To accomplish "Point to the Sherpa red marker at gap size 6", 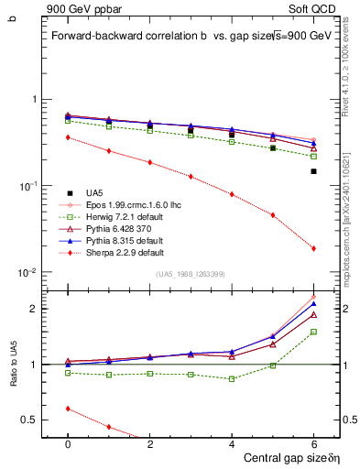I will (x=313, y=248).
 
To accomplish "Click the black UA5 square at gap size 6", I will (x=313, y=171).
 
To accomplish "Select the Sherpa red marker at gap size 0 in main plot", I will (x=68, y=137).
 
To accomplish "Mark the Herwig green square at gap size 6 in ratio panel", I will (x=313, y=332).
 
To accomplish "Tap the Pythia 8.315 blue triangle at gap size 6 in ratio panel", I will (x=313, y=304).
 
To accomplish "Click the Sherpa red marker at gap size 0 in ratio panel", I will (x=68, y=409).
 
